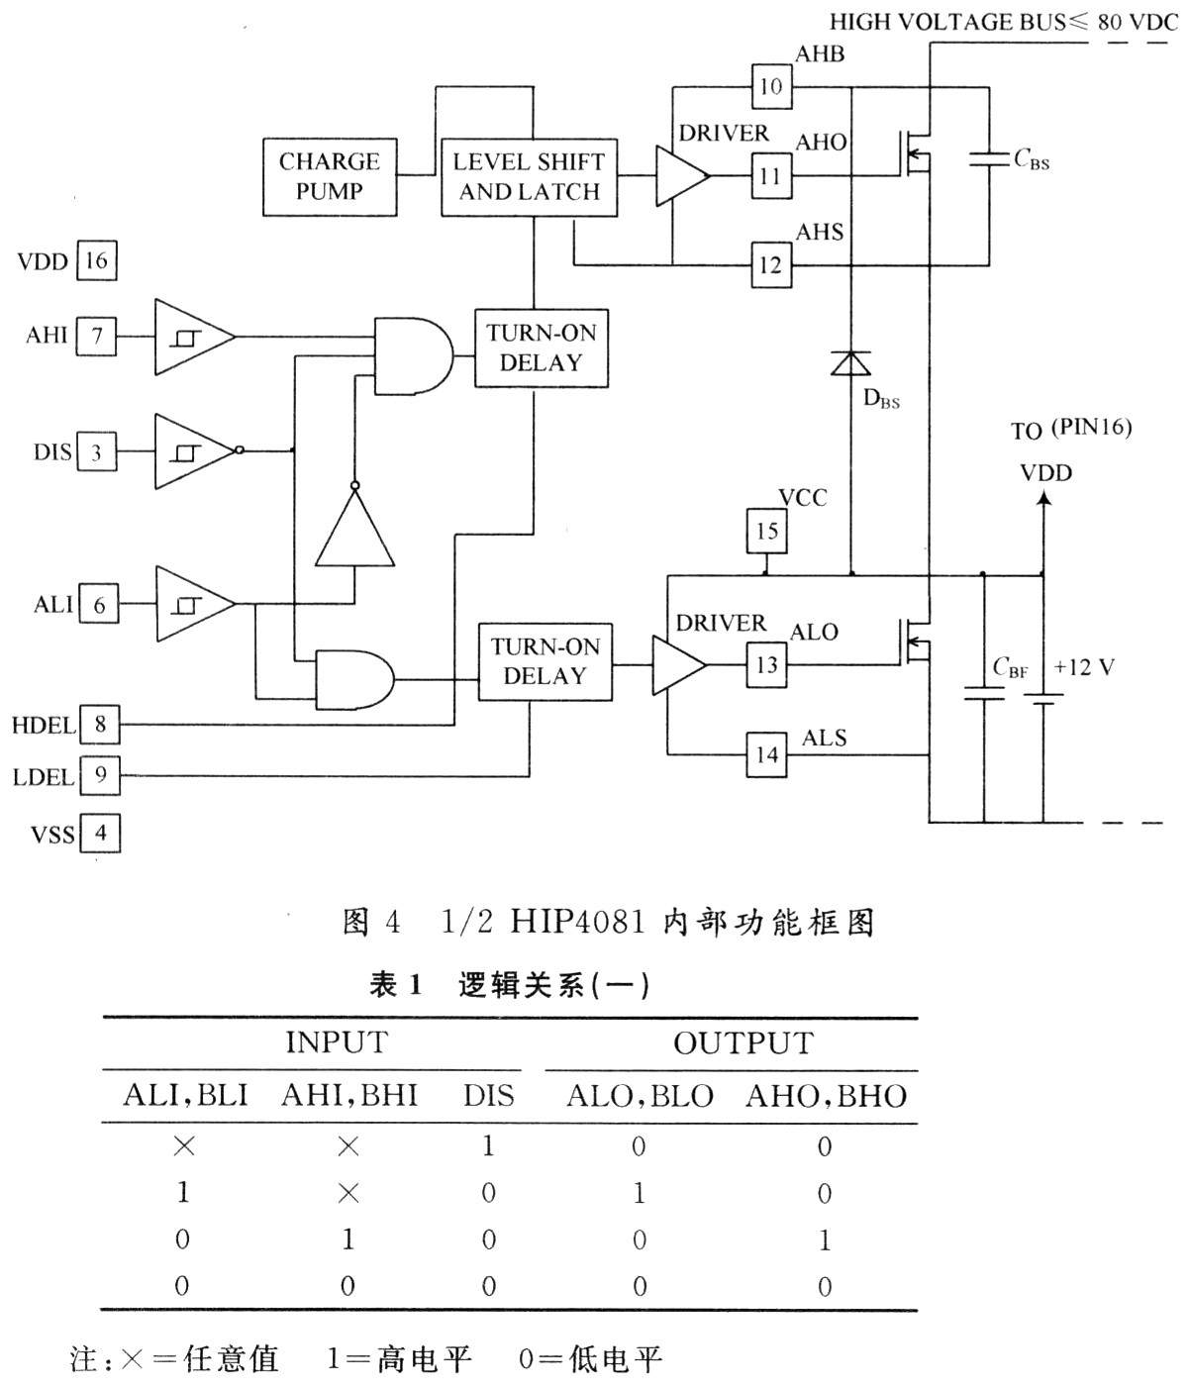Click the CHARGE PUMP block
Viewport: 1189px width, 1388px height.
[330, 177]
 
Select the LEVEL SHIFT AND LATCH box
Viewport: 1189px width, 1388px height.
[529, 177]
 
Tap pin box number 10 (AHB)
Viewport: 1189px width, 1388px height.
[771, 86]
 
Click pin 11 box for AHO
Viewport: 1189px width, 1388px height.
[771, 177]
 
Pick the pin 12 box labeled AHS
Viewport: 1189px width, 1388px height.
[771, 265]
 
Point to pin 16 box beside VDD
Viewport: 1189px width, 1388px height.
[96, 261]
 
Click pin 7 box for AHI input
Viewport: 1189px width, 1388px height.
[97, 336]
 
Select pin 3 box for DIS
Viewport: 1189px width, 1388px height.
[97, 452]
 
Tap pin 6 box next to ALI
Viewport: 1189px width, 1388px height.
[99, 604]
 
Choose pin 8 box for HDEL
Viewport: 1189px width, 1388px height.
[100, 724]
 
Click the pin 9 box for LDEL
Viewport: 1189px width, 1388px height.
[100, 774]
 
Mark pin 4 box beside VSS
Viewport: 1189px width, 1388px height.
[100, 833]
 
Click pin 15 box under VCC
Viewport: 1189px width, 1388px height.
[767, 531]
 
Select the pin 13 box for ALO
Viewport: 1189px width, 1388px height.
[767, 664]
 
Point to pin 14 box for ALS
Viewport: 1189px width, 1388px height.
[767, 755]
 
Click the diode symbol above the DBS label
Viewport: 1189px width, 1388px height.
[850, 363]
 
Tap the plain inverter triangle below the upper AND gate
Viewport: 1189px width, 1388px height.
[354, 530]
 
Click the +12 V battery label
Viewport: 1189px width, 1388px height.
[1084, 667]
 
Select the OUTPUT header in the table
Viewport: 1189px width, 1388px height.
[743, 1043]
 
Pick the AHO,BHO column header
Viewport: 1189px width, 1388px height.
[826, 1096]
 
